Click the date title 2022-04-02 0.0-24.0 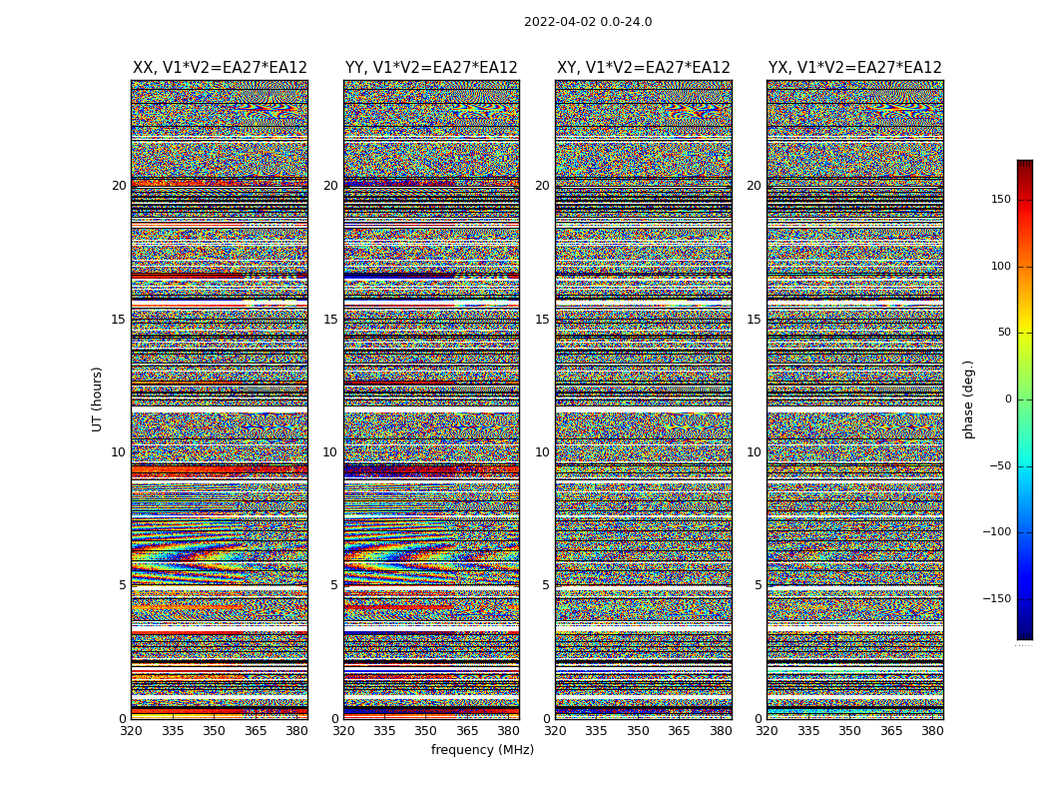pos(588,22)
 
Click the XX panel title pos(220,68)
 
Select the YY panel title pos(431,68)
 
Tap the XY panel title pos(643,68)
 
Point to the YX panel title pos(854,68)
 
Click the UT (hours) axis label pos(97,399)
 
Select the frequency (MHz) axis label pos(482,750)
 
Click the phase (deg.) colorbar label pos(968,399)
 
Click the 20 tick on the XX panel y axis pos(119,186)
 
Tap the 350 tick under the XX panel pos(214,731)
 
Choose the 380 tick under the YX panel pos(932,731)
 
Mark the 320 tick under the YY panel pos(343,731)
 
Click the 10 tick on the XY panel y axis pos(542,452)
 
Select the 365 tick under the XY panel pos(679,731)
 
